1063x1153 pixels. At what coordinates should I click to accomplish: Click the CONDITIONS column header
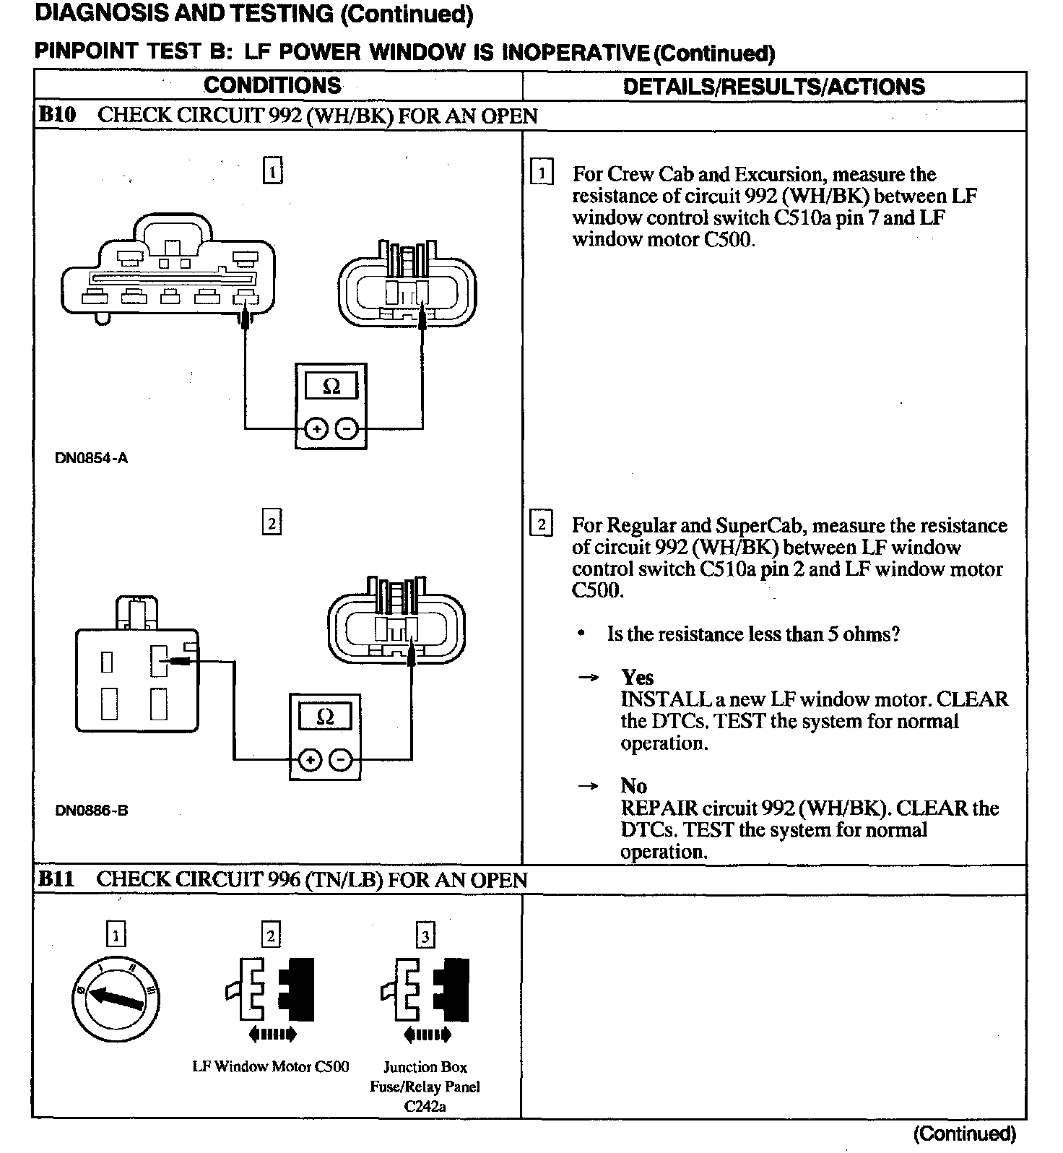tap(272, 86)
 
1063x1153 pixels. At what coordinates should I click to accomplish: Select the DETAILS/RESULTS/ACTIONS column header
tap(773, 87)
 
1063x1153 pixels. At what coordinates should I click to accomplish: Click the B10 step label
tap(57, 115)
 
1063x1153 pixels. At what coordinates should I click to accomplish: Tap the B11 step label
tap(56, 879)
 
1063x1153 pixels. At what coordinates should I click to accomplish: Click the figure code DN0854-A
tap(92, 458)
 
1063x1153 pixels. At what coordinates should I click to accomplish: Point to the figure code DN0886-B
tap(92, 810)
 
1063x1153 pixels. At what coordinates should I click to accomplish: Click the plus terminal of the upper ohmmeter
tap(316, 429)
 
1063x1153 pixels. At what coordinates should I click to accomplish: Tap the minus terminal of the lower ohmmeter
tap(341, 760)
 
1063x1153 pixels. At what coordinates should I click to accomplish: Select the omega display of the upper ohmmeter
tap(331, 387)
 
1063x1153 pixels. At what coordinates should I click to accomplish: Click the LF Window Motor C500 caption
tap(271, 1066)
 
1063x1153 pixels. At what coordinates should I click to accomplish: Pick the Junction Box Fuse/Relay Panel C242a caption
tap(425, 1086)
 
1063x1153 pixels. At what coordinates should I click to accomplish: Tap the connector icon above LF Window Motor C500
tap(270, 986)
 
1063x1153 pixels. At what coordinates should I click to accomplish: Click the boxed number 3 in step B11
tap(425, 937)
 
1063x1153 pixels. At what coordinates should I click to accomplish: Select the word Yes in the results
tap(637, 678)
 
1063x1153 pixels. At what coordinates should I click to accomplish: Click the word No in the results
tap(633, 786)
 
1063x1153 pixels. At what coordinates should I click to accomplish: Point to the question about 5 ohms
tap(753, 634)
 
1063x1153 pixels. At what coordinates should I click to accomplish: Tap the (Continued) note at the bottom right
tap(965, 1134)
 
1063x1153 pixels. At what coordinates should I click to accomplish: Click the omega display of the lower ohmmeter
tap(325, 717)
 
